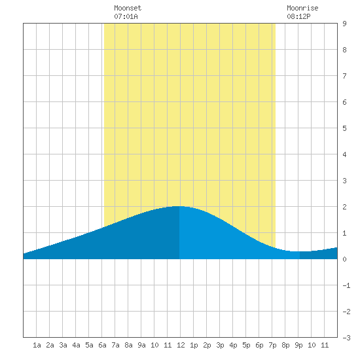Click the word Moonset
[128, 8]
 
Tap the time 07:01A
[126, 16]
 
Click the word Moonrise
[302, 8]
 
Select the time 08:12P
[298, 16]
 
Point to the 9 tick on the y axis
[344, 24]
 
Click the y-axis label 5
[344, 128]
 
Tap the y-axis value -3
[346, 338]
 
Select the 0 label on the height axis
[344, 259]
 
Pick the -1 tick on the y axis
[346, 285]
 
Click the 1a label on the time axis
[37, 345]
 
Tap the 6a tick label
[102, 345]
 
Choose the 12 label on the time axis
[181, 345]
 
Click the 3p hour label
[220, 345]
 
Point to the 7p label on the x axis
[272, 345]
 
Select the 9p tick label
[298, 345]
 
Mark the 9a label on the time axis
[141, 345]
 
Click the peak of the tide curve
[176, 206]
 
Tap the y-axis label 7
[344, 76]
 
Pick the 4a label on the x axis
[76, 345]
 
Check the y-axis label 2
[344, 207]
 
